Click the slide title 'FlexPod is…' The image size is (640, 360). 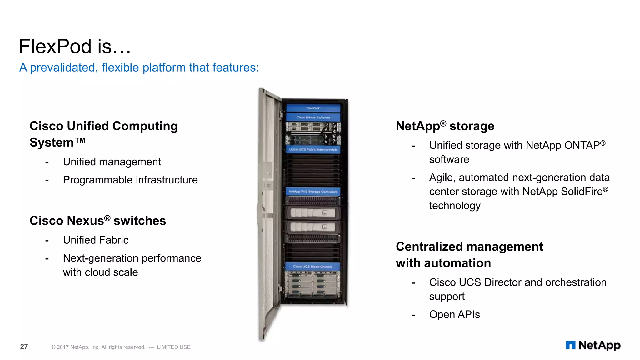pos(75,47)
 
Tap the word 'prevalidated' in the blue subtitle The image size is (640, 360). pos(62,67)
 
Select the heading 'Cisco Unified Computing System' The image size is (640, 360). pos(103,134)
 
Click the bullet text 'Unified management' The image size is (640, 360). pos(112,162)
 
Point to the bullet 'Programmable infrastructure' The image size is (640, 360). pos(130,180)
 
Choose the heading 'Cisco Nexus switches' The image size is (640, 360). pos(97,221)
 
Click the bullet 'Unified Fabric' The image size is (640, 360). pos(96,240)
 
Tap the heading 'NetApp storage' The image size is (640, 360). pos(445,126)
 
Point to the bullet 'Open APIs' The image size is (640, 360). pos(454,314)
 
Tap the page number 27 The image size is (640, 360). pos(24,347)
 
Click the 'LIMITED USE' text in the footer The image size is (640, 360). pos(174,347)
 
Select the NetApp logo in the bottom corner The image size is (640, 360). pos(593,345)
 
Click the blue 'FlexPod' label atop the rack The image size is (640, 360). pos(313,108)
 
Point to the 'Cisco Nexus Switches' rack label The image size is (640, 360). pos(313,117)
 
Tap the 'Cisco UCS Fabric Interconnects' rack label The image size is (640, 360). pos(313,150)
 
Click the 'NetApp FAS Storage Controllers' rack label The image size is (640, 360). pos(313,192)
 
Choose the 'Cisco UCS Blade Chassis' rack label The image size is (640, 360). pos(312,267)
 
